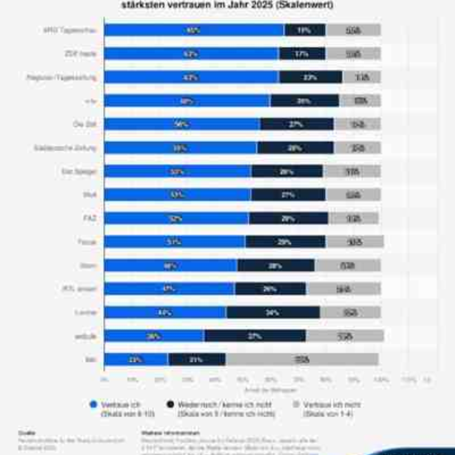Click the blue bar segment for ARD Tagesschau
[x=194, y=30]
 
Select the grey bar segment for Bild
[x=302, y=360]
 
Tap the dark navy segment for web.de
[x=255, y=336]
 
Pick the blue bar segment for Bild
[x=136, y=360]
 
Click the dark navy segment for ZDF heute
[x=302, y=54]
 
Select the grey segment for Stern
[x=347, y=266]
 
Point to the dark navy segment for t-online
[x=273, y=313]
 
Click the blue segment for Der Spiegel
[x=177, y=172]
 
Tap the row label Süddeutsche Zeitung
[x=65, y=148]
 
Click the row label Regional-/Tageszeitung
[x=61, y=78]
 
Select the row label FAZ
[x=90, y=219]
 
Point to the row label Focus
[x=87, y=242]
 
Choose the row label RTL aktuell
[x=80, y=289]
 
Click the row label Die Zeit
[x=85, y=124]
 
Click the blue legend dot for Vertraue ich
[x=93, y=405]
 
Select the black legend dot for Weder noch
[x=170, y=405]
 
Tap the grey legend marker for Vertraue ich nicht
[x=296, y=405]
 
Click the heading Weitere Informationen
[x=170, y=433]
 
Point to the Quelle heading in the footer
[x=27, y=433]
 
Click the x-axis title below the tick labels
[x=270, y=390]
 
